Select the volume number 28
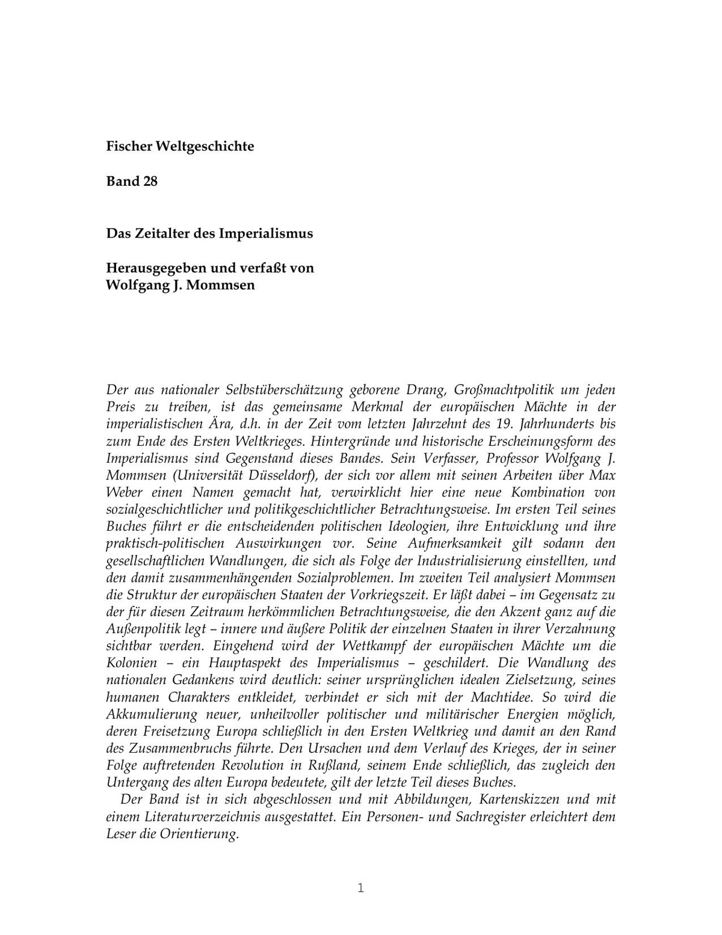pyautogui.click(x=150, y=181)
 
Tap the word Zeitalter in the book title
pyautogui.click(x=159, y=233)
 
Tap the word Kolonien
pyautogui.click(x=132, y=664)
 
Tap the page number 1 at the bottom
pyautogui.click(x=361, y=887)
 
